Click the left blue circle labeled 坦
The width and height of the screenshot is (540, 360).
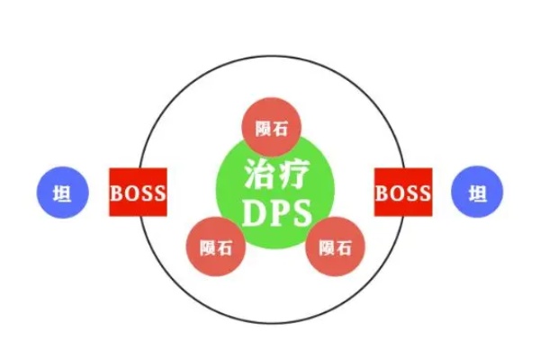point(63,193)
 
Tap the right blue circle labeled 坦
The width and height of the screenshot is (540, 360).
point(477,192)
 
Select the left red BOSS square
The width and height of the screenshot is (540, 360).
point(138,193)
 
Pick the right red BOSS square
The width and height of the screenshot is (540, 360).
point(403,193)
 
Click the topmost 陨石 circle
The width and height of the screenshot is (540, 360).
point(272,128)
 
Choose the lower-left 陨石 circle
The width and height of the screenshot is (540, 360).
point(216,247)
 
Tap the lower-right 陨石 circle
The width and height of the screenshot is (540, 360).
point(335,247)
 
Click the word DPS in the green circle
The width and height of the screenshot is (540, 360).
point(277,213)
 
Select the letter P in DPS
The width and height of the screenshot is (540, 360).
point(279,213)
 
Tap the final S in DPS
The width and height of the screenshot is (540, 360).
point(301,213)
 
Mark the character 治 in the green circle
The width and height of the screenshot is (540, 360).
point(260,174)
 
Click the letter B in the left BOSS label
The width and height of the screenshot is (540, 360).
point(116,193)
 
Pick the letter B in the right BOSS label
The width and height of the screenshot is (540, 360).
point(382,193)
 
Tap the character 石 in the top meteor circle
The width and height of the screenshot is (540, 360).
point(280,129)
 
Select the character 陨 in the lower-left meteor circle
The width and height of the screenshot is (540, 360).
point(207,247)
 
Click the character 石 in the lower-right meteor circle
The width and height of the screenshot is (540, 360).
point(344,247)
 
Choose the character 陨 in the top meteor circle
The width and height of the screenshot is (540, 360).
point(263,129)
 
